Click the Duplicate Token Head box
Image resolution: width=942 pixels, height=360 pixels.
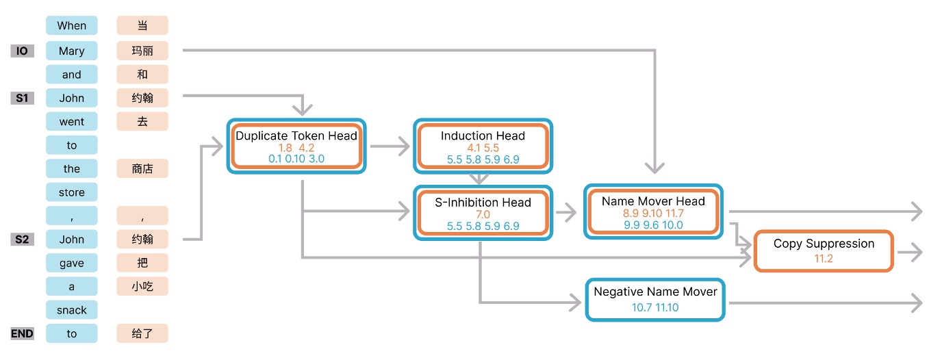296,146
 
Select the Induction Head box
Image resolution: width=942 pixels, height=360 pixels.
483,146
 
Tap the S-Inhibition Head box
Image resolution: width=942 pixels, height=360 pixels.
483,212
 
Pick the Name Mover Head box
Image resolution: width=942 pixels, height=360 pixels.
653,211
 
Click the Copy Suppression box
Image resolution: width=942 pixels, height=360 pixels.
824,250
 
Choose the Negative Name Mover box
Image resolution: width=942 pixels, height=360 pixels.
655,299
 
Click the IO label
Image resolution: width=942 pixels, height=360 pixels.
22,51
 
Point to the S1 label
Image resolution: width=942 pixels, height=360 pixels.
22,98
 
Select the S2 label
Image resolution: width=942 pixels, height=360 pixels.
22,240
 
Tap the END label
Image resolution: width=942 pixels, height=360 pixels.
22,333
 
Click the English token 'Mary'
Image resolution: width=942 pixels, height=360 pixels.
72,51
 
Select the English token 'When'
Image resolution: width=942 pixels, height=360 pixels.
72,26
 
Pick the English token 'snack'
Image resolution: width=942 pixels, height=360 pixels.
72,310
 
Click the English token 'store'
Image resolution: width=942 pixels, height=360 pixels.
72,192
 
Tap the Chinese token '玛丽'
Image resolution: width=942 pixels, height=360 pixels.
142,51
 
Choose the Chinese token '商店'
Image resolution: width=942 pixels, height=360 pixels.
142,168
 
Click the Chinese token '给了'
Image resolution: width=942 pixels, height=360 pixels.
142,333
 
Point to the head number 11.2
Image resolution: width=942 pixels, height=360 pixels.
824,258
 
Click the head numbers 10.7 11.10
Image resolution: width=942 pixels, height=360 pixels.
655,307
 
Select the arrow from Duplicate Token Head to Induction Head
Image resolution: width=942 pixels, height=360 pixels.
390,146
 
